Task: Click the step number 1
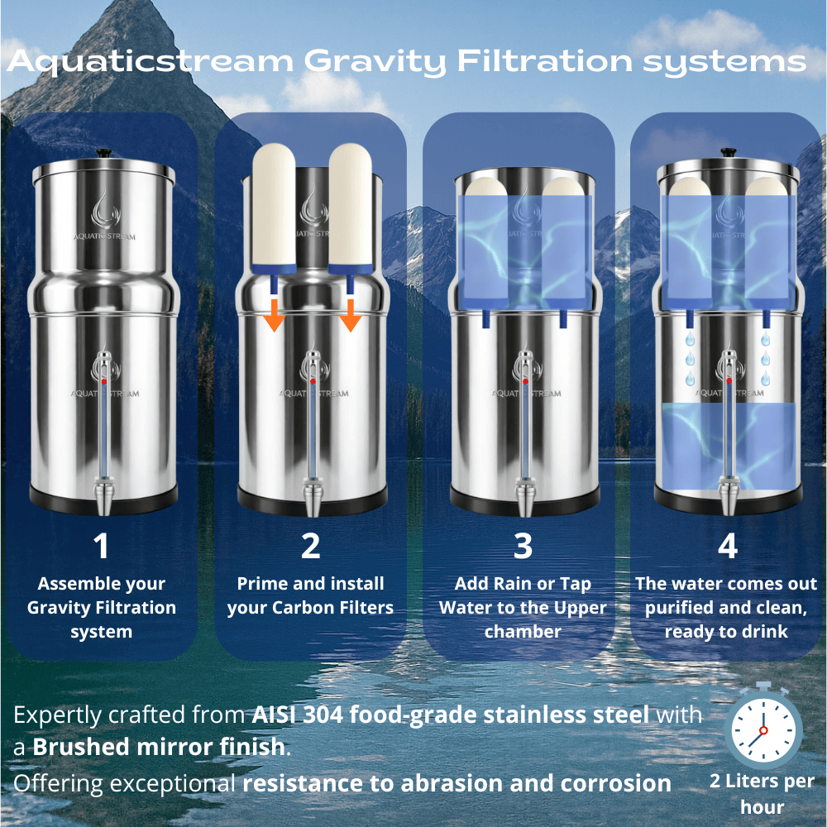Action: (x=101, y=546)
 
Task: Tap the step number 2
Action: (x=310, y=546)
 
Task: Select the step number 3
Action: (x=522, y=546)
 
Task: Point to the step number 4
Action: (x=727, y=546)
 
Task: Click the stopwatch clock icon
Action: (x=762, y=728)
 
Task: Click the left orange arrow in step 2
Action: (x=275, y=315)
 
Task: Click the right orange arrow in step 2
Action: (x=351, y=315)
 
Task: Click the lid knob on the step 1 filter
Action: (x=103, y=153)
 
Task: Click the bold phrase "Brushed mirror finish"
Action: (x=158, y=748)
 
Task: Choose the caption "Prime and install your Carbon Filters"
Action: (x=310, y=595)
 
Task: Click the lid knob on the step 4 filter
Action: (x=728, y=153)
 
